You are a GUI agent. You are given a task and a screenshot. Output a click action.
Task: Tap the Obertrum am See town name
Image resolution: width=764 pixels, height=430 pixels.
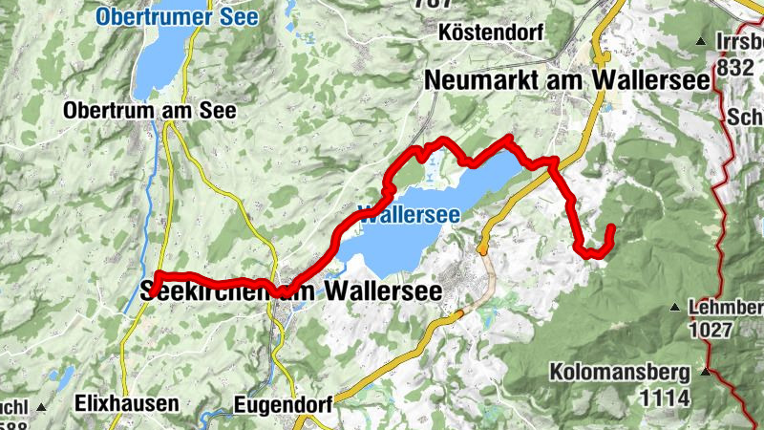click(x=149, y=110)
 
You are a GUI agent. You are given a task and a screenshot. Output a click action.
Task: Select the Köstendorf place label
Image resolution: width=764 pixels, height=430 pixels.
click(x=493, y=32)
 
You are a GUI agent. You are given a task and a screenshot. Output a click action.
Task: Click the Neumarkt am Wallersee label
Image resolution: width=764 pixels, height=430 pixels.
click(x=568, y=80)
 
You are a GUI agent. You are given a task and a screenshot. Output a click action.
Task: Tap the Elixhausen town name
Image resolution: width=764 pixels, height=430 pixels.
click(x=126, y=403)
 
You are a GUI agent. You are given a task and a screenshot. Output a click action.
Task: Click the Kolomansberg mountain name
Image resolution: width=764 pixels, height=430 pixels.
click(x=625, y=371)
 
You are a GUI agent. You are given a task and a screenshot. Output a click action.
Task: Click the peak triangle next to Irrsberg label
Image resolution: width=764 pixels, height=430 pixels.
click(x=702, y=42)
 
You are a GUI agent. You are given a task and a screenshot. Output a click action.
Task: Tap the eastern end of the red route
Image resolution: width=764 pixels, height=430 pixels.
click(x=610, y=227)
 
